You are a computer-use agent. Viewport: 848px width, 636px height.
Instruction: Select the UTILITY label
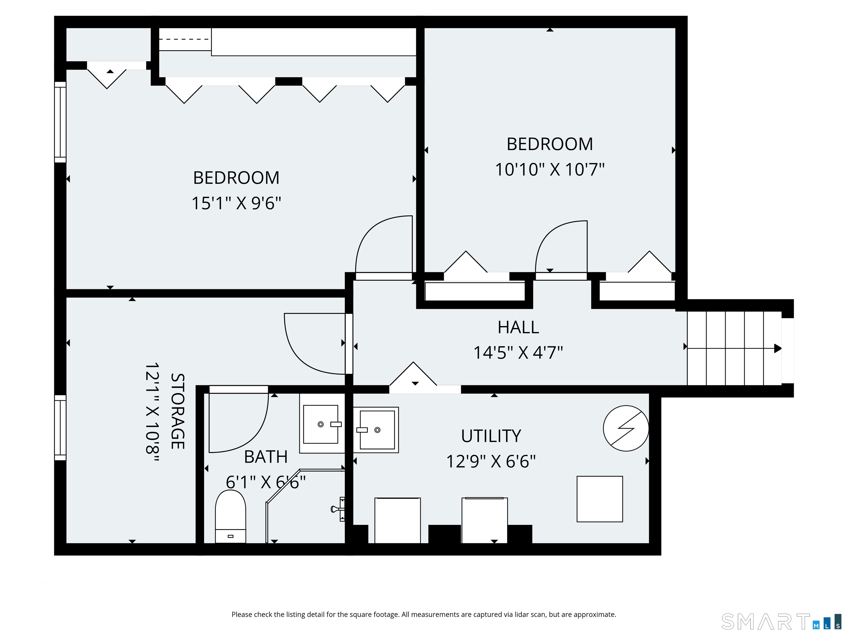click(491, 436)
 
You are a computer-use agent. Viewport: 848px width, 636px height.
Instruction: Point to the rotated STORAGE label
click(177, 411)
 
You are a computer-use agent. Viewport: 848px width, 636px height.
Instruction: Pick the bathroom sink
click(321, 424)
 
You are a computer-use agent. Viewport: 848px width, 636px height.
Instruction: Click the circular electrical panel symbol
click(626, 428)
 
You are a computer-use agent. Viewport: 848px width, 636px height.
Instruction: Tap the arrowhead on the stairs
click(777, 348)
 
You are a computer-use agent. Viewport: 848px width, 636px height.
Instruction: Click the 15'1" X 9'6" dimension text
click(236, 203)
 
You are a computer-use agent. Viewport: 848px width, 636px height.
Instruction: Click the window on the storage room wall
click(60, 427)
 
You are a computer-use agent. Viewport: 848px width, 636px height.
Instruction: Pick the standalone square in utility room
click(599, 499)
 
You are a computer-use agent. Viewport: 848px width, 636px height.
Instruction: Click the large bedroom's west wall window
click(60, 122)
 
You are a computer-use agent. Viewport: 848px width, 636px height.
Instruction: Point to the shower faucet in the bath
click(337, 509)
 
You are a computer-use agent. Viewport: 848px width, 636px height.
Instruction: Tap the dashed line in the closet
click(185, 39)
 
